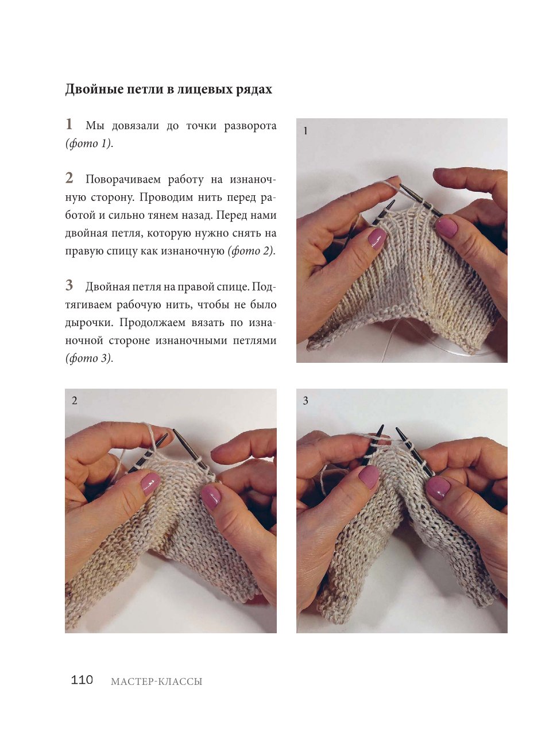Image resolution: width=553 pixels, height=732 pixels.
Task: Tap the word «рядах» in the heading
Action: click(254, 90)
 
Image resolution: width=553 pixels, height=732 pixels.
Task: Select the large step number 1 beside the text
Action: click(69, 124)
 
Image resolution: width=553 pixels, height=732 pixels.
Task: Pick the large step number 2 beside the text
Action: click(69, 178)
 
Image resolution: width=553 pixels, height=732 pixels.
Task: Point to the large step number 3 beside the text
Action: click(69, 285)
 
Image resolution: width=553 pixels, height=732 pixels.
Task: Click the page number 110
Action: click(82, 680)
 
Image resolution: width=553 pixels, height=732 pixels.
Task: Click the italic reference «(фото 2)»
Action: click(251, 251)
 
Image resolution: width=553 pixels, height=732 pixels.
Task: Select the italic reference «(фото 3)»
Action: click(88, 358)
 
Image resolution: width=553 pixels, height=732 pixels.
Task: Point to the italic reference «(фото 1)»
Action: click(88, 144)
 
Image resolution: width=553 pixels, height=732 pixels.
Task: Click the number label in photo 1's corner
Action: click(305, 131)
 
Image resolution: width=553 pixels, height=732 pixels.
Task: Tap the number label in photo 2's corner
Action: click(75, 400)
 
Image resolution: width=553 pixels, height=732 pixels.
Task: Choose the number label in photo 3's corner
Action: click(305, 401)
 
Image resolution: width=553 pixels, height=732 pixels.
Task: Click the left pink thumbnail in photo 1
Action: click(377, 238)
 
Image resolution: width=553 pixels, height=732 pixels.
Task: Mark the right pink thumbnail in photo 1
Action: click(447, 227)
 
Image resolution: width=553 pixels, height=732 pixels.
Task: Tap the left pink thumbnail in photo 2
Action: click(150, 483)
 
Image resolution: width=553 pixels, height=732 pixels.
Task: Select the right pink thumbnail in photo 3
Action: click(438, 488)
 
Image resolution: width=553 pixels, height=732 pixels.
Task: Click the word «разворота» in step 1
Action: click(250, 126)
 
